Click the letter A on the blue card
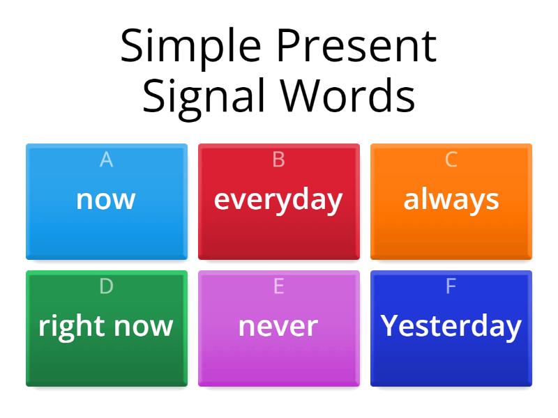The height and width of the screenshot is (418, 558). click(x=106, y=160)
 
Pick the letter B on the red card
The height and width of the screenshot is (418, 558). click(x=278, y=160)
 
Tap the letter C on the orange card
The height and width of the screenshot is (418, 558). click(x=451, y=160)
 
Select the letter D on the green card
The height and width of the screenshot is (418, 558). click(x=106, y=286)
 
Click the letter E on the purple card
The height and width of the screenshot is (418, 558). click(x=278, y=286)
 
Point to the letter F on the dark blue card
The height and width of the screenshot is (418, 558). click(x=451, y=286)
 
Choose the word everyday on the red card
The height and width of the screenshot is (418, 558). click(x=278, y=199)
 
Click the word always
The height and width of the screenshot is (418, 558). click(x=451, y=199)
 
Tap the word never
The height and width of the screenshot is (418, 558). click(x=278, y=326)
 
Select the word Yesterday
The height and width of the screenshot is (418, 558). click(x=451, y=326)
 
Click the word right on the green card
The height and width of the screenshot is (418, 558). click(x=70, y=326)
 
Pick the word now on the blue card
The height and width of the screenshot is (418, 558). click(x=106, y=199)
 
